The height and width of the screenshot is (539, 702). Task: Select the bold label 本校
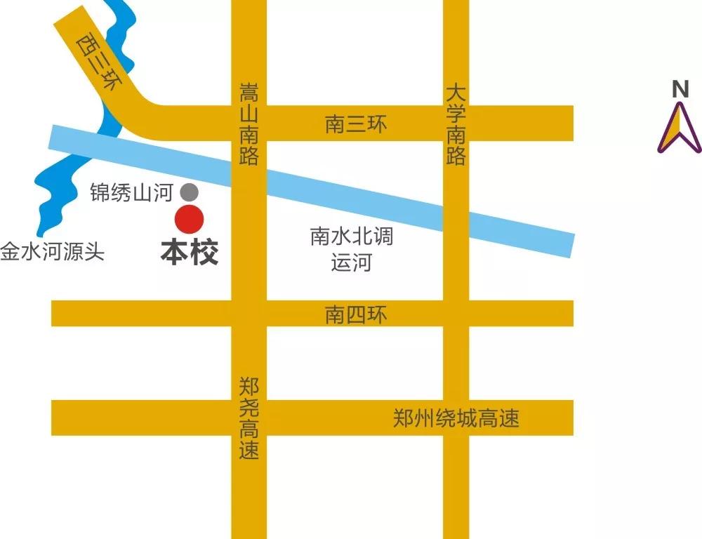click(190, 253)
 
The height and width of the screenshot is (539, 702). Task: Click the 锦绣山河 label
click(131, 192)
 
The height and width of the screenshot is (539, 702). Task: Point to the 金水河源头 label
click(52, 252)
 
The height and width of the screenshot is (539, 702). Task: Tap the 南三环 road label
click(356, 125)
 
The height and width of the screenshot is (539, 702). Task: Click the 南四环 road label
click(356, 314)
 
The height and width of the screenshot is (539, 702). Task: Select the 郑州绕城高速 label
click(456, 419)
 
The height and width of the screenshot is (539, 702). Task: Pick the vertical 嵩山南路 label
click(249, 124)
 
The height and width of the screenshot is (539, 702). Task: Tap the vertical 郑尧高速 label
click(249, 418)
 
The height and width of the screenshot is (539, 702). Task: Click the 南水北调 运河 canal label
click(352, 250)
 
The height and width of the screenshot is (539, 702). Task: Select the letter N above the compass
click(680, 89)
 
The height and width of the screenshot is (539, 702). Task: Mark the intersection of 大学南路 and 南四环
click(456, 314)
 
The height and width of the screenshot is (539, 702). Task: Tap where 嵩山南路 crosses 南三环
click(249, 124)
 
